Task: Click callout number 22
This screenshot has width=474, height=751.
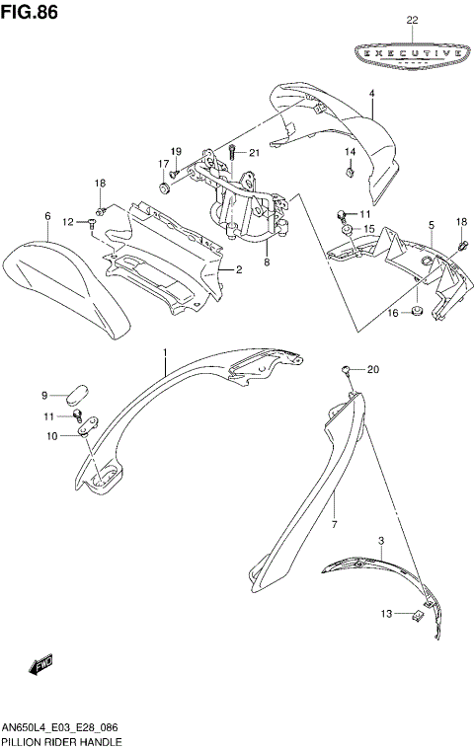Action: tap(412, 21)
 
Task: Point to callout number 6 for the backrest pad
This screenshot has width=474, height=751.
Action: tap(46, 215)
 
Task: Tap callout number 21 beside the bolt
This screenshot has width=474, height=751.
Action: tap(253, 152)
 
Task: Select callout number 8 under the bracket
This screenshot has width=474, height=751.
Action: tap(266, 263)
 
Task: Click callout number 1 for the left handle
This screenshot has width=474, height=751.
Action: tap(165, 352)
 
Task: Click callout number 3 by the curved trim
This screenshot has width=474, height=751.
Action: tap(381, 541)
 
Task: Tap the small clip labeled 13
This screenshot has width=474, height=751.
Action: tap(417, 615)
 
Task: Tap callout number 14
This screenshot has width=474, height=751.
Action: tap(350, 152)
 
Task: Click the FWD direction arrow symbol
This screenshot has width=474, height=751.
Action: tap(42, 668)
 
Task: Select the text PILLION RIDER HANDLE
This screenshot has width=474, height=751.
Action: tap(62, 740)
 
